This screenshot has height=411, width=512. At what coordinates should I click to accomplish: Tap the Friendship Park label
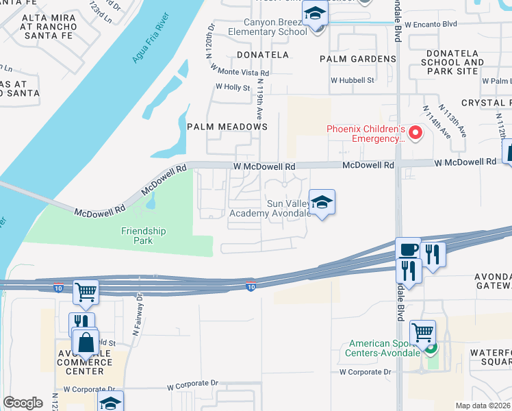pyautogui.click(x=144, y=236)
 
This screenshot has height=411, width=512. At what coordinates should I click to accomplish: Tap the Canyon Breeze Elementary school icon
pyautogui.click(x=315, y=14)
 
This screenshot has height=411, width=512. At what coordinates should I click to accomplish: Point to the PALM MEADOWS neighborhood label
pyautogui.click(x=227, y=127)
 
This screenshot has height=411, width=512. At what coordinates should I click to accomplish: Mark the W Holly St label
pyautogui.click(x=232, y=87)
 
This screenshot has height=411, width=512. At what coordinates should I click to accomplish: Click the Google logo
pyautogui.click(x=23, y=403)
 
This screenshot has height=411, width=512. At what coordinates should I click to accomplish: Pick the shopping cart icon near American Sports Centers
pyautogui.click(x=423, y=333)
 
